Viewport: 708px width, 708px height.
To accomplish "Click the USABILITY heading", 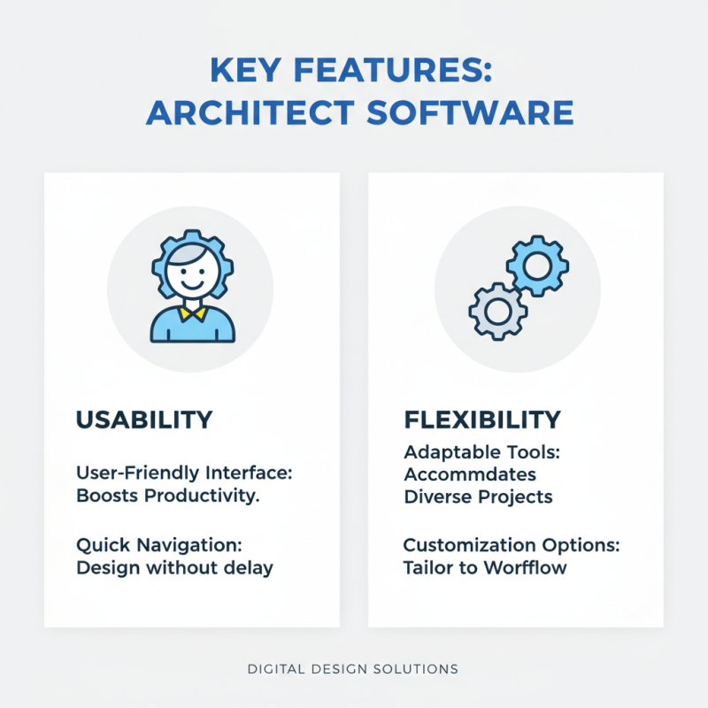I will coord(144,419).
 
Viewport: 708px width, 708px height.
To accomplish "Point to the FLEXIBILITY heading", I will coord(482,419).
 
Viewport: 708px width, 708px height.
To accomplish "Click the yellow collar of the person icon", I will coord(192,312).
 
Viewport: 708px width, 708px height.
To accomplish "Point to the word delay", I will coord(250,567).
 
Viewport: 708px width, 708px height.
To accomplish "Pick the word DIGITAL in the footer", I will coord(280,669).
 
